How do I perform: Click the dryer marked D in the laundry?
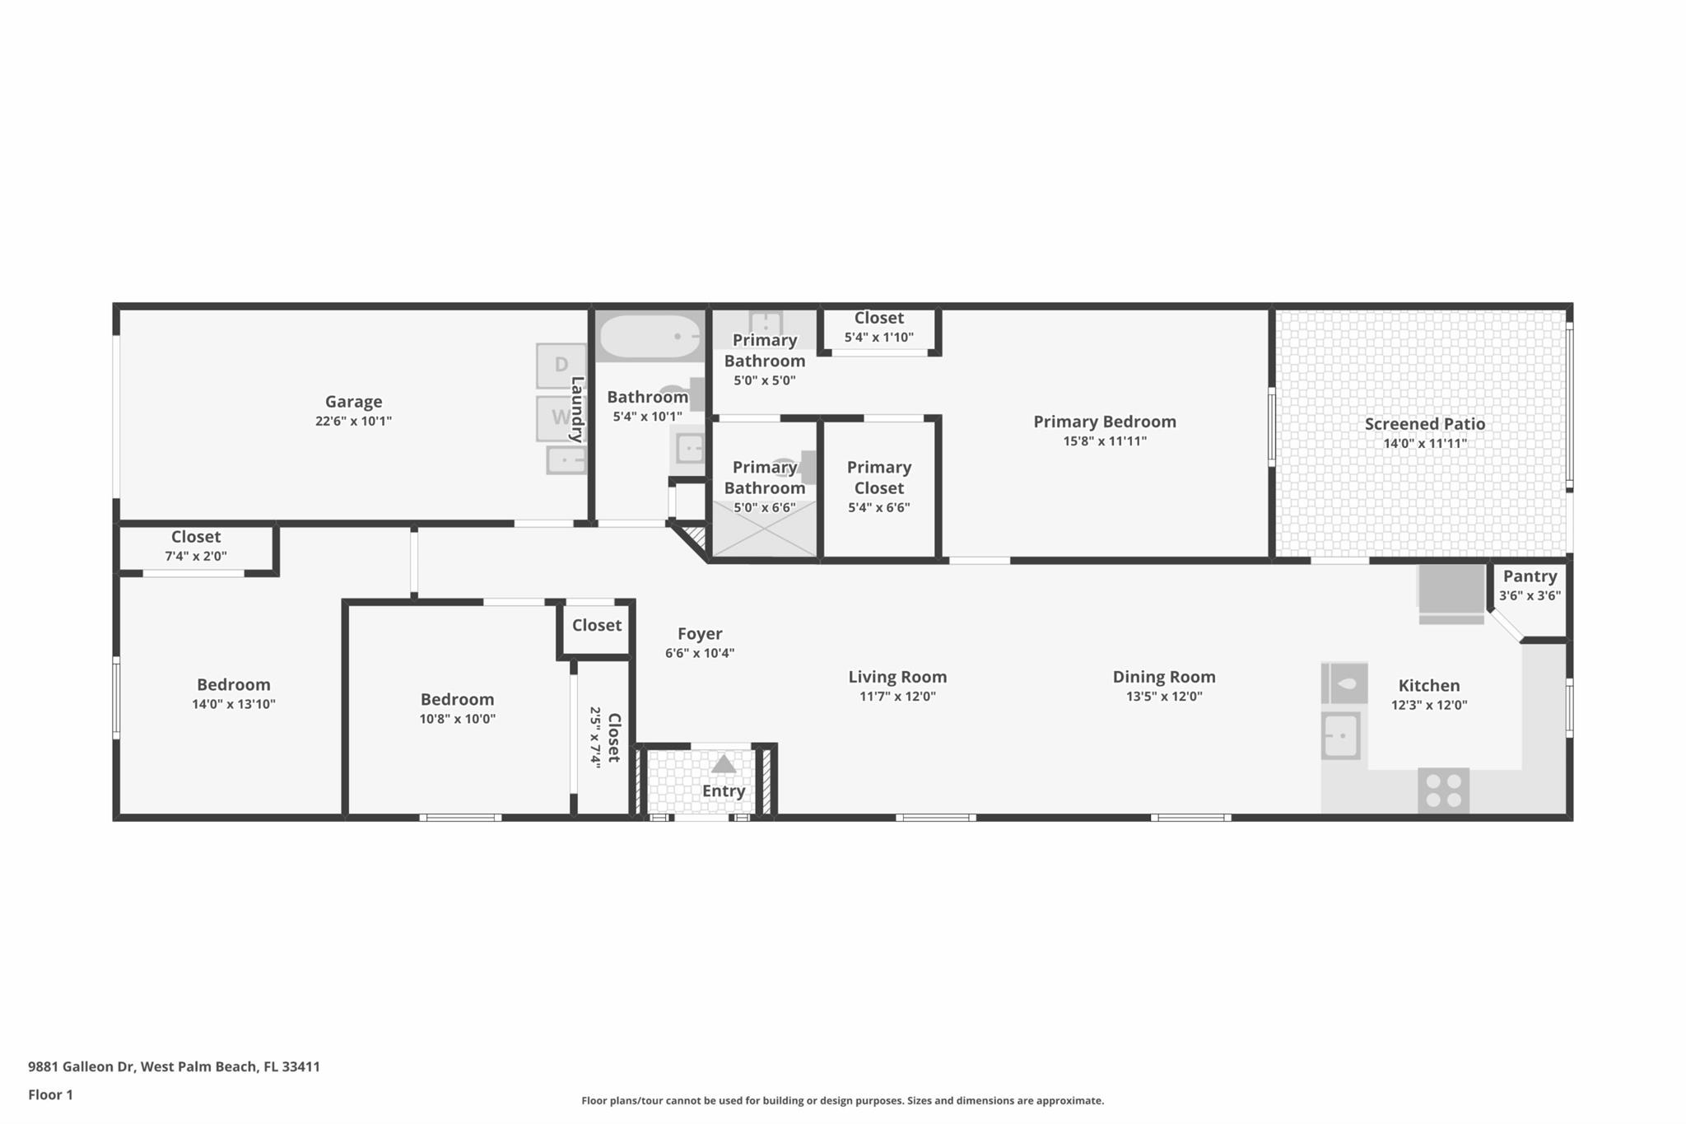pos(561,366)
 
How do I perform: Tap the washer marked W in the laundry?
pos(561,418)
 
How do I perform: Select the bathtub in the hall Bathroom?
pos(650,336)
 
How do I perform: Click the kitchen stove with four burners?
pos(1443,791)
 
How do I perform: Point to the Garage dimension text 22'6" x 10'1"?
pos(353,422)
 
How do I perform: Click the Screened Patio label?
pos(1425,424)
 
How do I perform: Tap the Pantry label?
pos(1530,576)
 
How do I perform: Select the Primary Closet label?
pos(879,478)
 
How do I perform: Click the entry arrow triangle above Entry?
pos(724,764)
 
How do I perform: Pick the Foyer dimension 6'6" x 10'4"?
pos(700,654)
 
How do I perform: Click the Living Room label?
pos(897,677)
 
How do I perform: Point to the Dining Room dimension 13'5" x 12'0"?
pos(1164,697)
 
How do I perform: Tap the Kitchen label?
pos(1429,686)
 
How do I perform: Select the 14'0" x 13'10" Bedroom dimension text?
pos(234,704)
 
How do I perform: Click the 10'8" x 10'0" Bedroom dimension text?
pos(458,719)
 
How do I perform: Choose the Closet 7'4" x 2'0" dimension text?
pos(196,557)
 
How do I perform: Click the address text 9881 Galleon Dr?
pos(81,1066)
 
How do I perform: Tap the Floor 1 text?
pos(50,1094)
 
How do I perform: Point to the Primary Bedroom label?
pos(1105,422)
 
